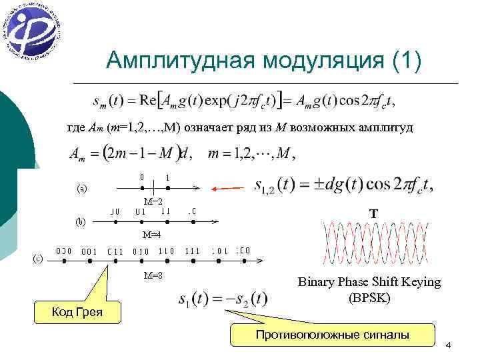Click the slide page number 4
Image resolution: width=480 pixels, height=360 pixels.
(x=448, y=345)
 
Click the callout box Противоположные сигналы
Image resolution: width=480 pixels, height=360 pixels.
(x=332, y=335)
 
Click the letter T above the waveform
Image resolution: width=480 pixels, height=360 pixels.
(x=374, y=213)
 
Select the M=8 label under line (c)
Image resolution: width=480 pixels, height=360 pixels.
(x=153, y=275)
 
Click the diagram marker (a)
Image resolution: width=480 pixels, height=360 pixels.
(x=80, y=189)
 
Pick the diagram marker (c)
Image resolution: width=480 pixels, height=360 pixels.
(x=39, y=259)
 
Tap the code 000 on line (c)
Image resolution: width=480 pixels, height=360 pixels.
(x=64, y=251)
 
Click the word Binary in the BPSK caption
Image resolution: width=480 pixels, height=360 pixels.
(x=317, y=282)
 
